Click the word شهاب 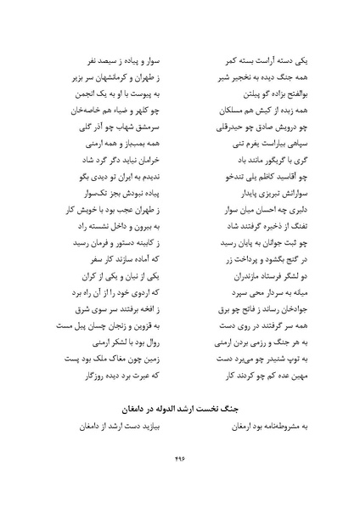(x=128, y=128)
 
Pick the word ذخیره (x=261, y=228)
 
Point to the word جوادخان (x=272, y=310)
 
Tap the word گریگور (x=258, y=161)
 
